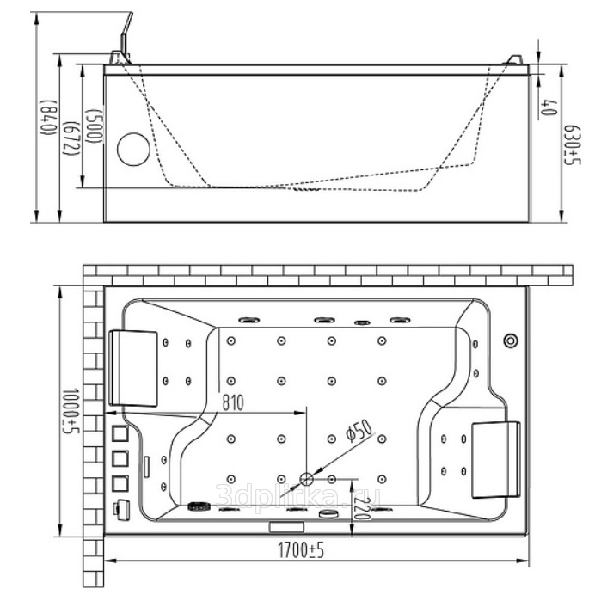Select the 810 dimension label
click(233, 401)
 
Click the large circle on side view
click(133, 150)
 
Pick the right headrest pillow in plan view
click(497, 459)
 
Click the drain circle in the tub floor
click(307, 479)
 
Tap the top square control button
click(120, 434)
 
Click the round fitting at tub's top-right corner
click(511, 340)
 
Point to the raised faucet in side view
click(125, 34)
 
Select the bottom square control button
click(120, 483)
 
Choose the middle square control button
click(120, 459)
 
